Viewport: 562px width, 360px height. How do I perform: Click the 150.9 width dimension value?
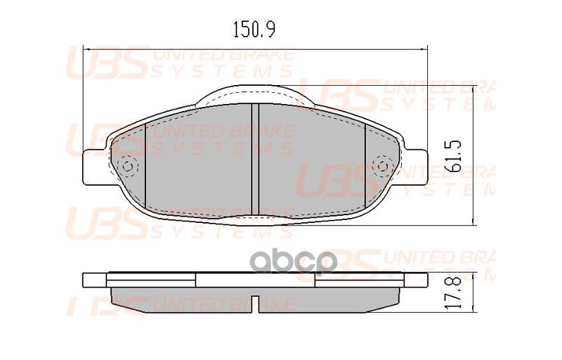point(254,30)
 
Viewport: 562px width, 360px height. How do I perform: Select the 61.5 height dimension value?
point(454,155)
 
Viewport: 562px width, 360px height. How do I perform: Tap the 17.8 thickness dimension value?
point(454,290)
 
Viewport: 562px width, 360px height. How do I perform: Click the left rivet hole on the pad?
point(127,167)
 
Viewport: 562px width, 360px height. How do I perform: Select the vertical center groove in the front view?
point(255,158)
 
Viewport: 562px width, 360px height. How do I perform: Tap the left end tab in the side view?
point(95,280)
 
